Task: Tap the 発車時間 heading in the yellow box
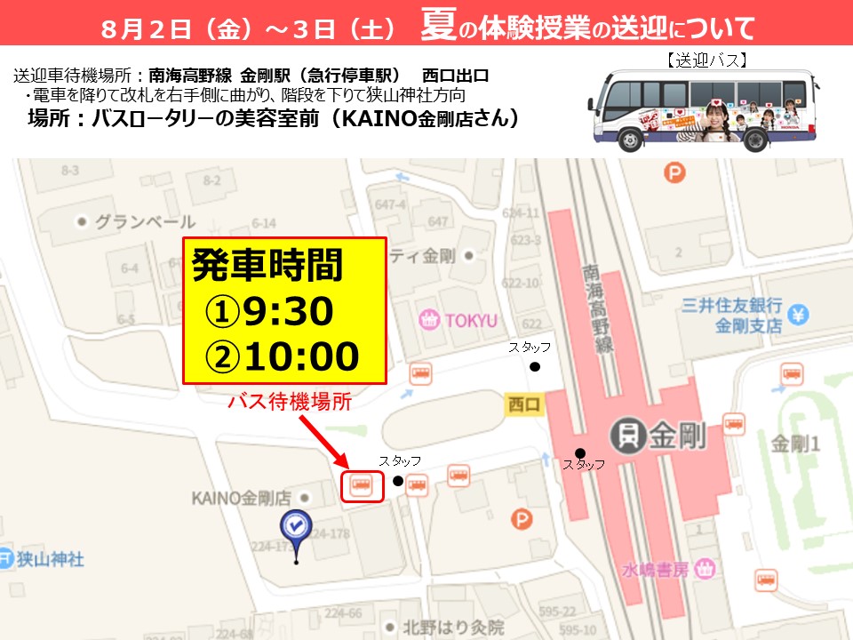(267, 266)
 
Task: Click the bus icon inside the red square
(362, 485)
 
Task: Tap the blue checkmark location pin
(295, 527)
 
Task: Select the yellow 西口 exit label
(523, 404)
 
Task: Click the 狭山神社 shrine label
(52, 559)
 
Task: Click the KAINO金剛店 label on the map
(242, 498)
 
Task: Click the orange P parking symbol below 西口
(522, 519)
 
